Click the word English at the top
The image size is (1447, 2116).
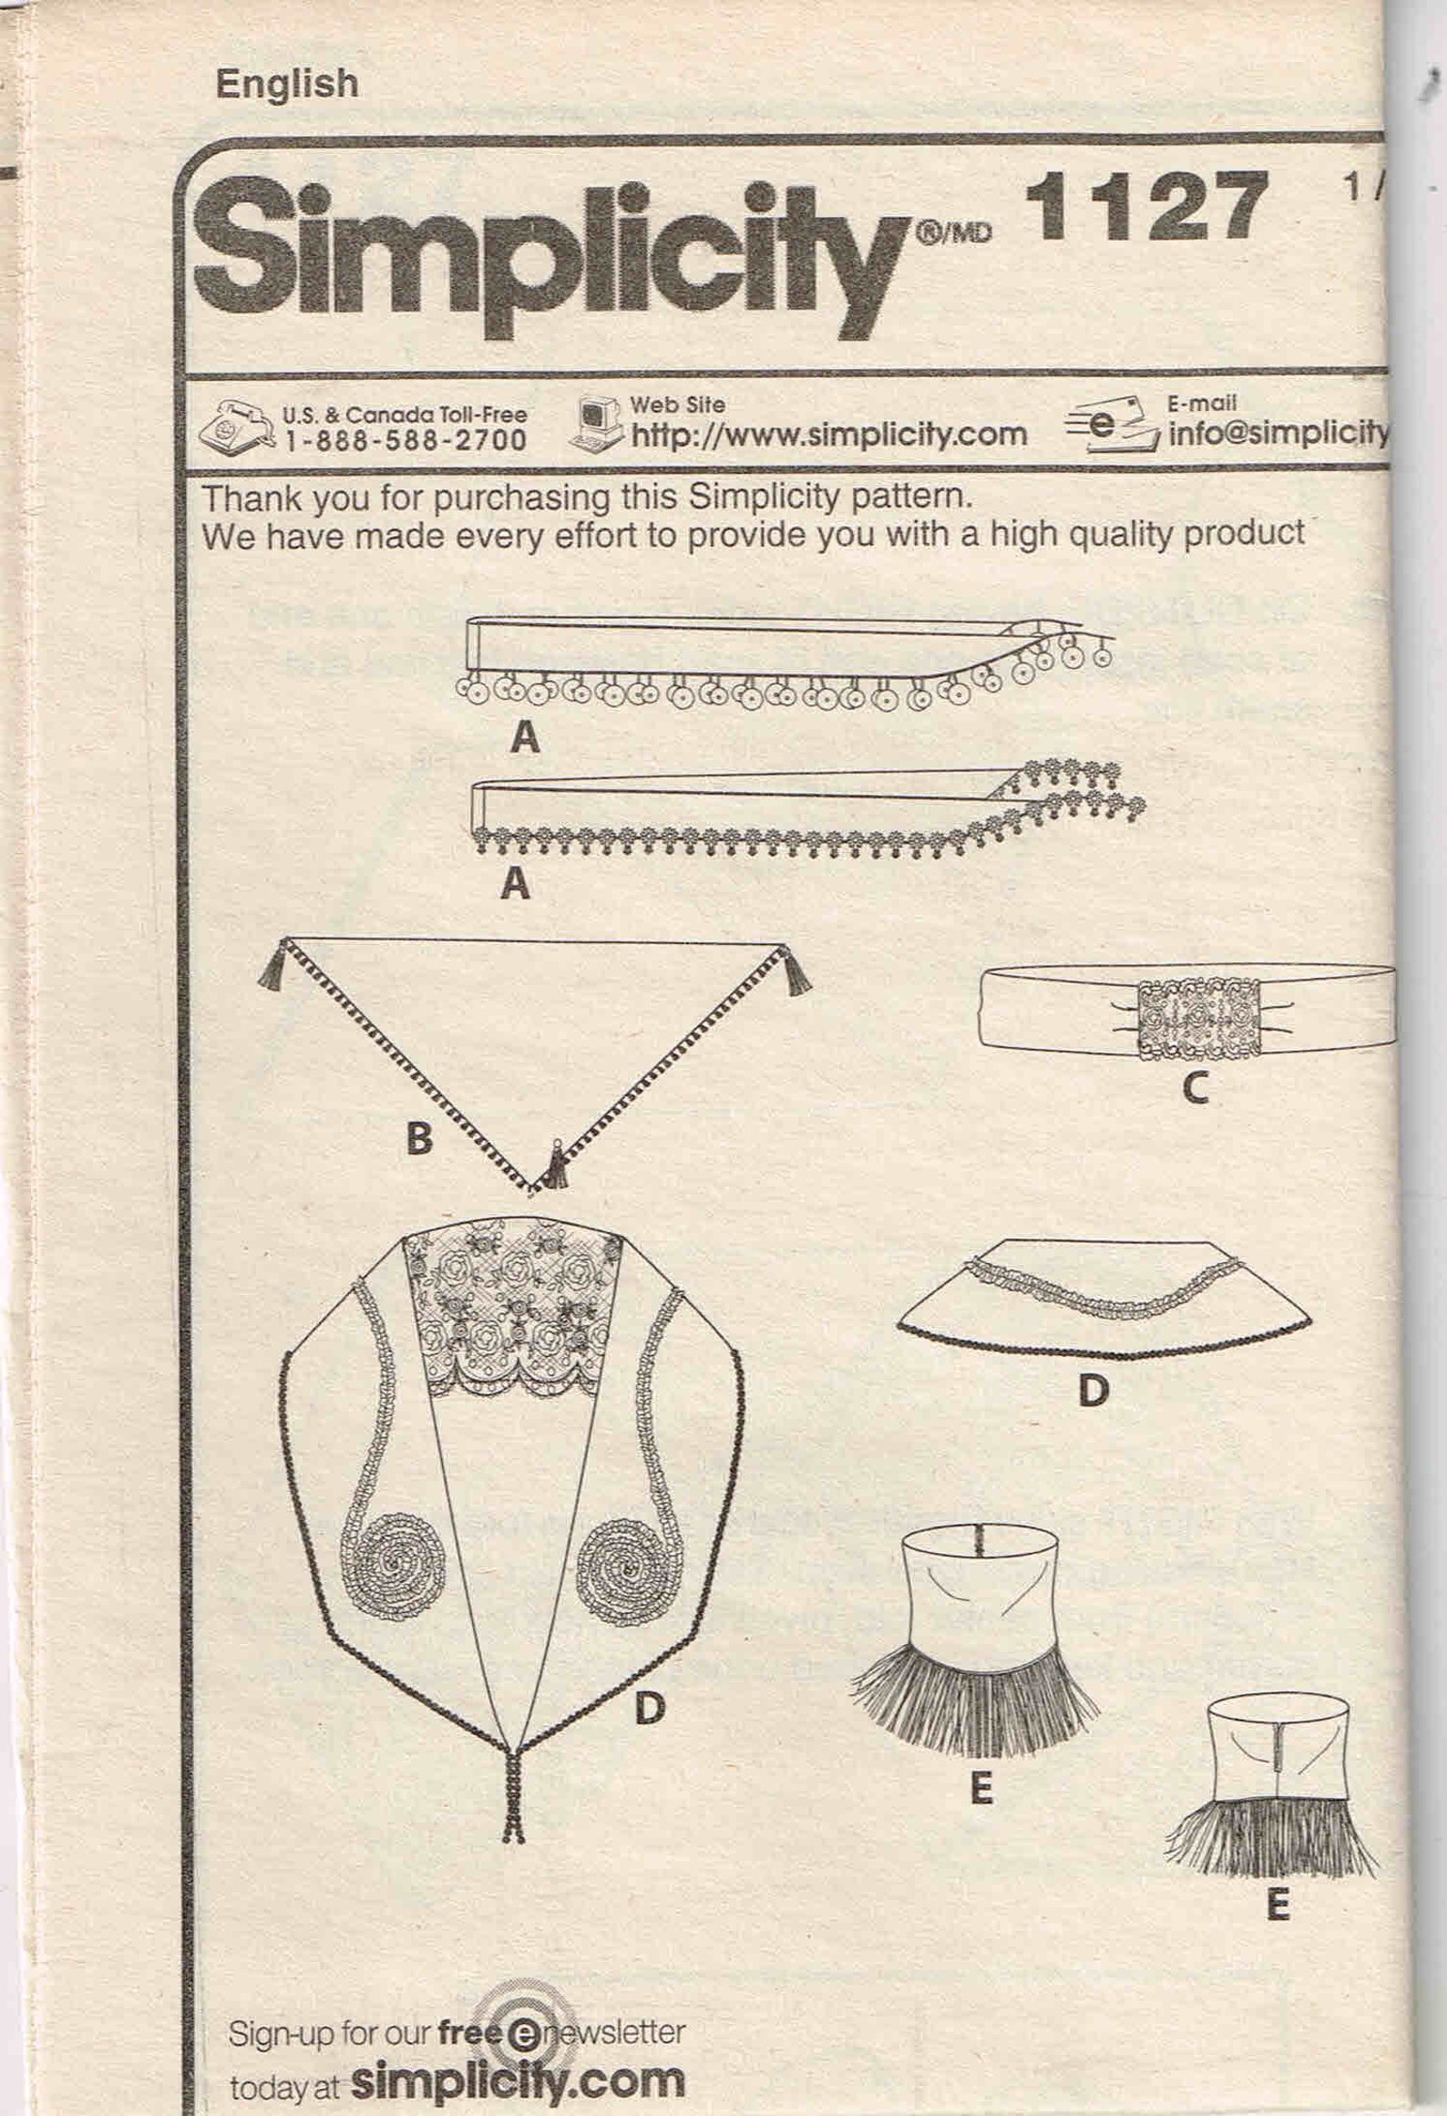click(286, 84)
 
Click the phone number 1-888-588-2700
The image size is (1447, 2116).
click(405, 440)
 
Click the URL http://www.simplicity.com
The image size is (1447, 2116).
click(829, 435)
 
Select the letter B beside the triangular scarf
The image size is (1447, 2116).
click(418, 1138)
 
